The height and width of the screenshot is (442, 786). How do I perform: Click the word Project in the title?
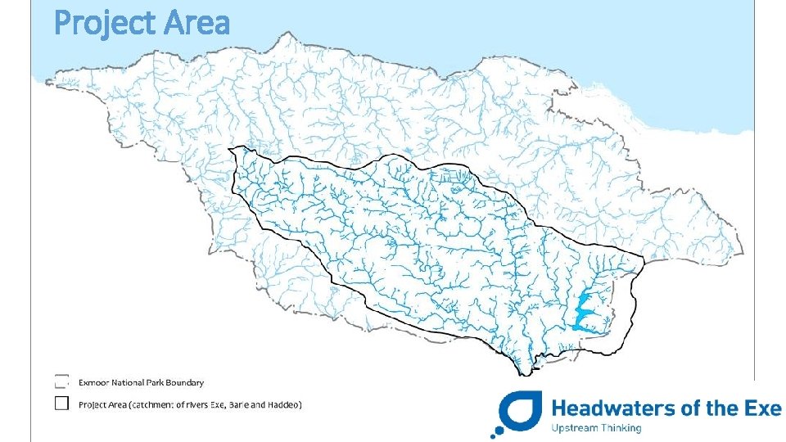pyautogui.click(x=105, y=23)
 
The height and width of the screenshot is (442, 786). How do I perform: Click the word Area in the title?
pyautogui.click(x=196, y=23)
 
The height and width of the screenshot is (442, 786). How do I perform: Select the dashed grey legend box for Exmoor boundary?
pyautogui.click(x=61, y=381)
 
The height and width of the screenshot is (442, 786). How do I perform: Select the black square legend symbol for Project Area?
pyautogui.click(x=61, y=404)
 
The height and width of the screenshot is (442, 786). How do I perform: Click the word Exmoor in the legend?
pyautogui.click(x=93, y=382)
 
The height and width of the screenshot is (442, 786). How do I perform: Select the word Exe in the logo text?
pyautogui.click(x=761, y=407)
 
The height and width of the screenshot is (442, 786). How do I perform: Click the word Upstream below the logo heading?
pyautogui.click(x=577, y=427)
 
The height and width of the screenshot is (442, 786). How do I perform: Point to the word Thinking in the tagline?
pyautogui.click(x=623, y=427)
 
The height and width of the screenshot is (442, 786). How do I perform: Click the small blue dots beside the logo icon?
pyautogui.click(x=497, y=429)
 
